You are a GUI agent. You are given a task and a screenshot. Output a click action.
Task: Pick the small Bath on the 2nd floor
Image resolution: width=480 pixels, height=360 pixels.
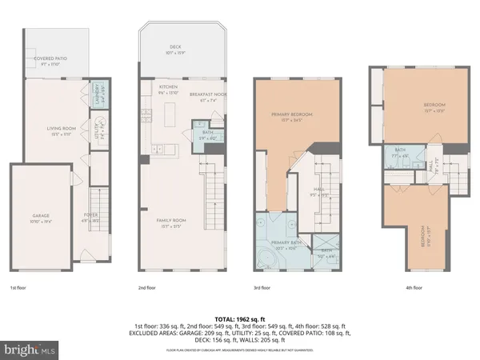(x=207, y=134)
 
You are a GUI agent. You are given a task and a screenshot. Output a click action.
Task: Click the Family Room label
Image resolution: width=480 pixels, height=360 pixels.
(x=176, y=212)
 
